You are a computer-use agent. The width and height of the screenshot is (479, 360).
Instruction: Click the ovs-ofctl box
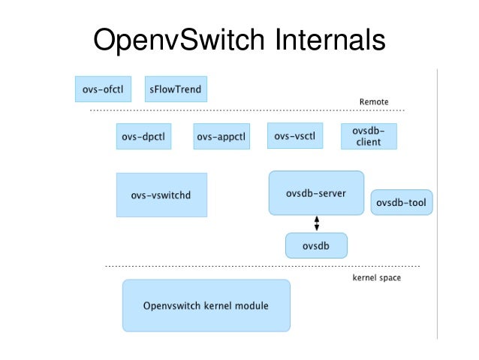(x=104, y=89)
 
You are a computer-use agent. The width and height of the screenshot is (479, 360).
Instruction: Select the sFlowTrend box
(x=174, y=89)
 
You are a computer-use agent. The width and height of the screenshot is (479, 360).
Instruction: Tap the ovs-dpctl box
(x=143, y=137)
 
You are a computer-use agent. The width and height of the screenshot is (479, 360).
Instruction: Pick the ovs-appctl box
(x=221, y=137)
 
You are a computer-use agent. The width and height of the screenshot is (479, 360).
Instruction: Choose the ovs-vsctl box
(x=295, y=136)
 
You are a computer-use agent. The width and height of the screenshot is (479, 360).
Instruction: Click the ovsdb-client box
(x=369, y=136)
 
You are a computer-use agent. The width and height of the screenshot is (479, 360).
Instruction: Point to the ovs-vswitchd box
(x=161, y=195)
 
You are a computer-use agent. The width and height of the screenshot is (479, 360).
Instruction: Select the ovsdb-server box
(x=316, y=193)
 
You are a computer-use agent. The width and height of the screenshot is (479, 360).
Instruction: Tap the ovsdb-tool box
(x=402, y=202)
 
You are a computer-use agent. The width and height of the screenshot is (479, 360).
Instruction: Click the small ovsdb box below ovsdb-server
(x=316, y=245)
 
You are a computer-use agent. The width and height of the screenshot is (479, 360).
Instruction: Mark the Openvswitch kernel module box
(x=206, y=306)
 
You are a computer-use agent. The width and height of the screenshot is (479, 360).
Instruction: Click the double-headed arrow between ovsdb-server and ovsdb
(x=316, y=223)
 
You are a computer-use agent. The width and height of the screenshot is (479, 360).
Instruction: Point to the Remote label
(x=374, y=102)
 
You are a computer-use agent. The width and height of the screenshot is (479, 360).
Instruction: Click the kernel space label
(x=376, y=277)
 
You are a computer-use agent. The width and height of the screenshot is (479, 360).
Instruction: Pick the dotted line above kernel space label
(x=262, y=266)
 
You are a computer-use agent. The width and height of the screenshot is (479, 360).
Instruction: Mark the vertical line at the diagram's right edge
(x=437, y=203)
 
